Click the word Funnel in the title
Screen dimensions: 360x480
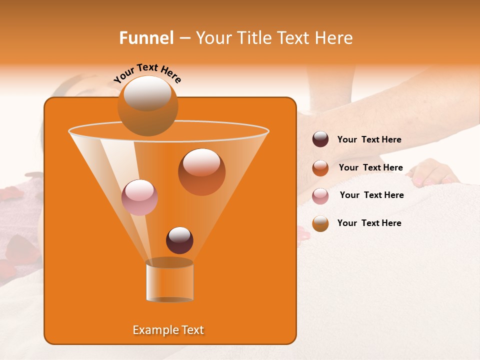pyautogui.click(x=146, y=38)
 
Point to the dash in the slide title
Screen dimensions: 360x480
pyautogui.click(x=184, y=38)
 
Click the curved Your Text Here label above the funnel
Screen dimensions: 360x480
pyautogui.click(x=147, y=73)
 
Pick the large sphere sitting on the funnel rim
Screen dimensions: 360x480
pyautogui.click(x=147, y=106)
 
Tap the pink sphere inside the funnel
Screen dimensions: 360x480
pyautogui.click(x=139, y=197)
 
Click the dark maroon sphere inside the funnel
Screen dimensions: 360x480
pyautogui.click(x=179, y=240)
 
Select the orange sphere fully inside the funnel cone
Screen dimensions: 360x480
pyautogui.click(x=201, y=171)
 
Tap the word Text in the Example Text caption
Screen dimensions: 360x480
pyautogui.click(x=192, y=330)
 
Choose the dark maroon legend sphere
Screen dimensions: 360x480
pyautogui.click(x=320, y=139)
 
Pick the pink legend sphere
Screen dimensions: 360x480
pyautogui.click(x=320, y=195)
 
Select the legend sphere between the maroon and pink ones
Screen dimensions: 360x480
pyautogui.click(x=320, y=167)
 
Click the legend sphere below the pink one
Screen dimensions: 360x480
pyautogui.click(x=320, y=223)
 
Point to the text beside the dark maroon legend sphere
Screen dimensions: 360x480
pyautogui.click(x=369, y=139)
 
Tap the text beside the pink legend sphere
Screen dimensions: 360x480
pyautogui.click(x=371, y=195)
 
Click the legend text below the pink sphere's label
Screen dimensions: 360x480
pyautogui.click(x=369, y=223)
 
